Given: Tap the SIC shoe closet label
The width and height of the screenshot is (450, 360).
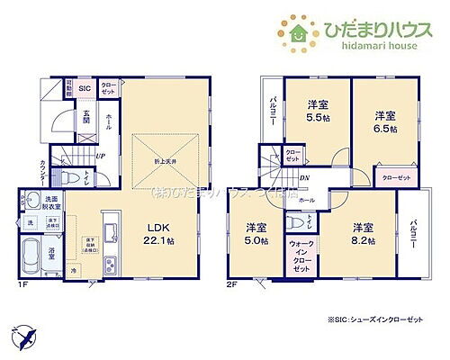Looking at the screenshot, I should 85,88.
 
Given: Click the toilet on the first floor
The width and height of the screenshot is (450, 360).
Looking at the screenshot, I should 67,178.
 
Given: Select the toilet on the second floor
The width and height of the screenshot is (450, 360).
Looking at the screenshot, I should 296,224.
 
